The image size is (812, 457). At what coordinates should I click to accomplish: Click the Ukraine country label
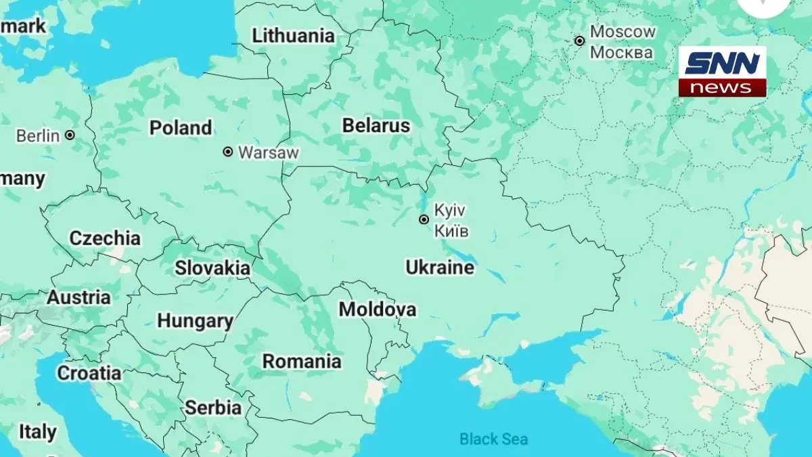pyautogui.click(x=440, y=267)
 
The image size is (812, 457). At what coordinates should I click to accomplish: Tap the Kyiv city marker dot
pyautogui.click(x=424, y=219)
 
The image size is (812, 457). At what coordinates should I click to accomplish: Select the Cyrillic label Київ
pyautogui.click(x=451, y=231)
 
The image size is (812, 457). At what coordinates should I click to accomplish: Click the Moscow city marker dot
pyautogui.click(x=579, y=41)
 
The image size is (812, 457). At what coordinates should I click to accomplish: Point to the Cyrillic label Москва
pyautogui.click(x=621, y=52)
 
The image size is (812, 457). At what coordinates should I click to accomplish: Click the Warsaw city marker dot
pyautogui.click(x=228, y=152)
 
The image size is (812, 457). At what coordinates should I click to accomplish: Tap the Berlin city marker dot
pyautogui.click(x=70, y=135)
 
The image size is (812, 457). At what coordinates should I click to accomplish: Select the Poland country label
pyautogui.click(x=181, y=127)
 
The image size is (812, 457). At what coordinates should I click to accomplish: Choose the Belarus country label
pyautogui.click(x=376, y=125)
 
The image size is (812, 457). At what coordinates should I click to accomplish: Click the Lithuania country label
pyautogui.click(x=293, y=36)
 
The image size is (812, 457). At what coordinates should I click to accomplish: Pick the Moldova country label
pyautogui.click(x=378, y=309)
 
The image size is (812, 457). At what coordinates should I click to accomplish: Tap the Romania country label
pyautogui.click(x=302, y=361)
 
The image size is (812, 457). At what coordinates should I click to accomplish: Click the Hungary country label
pyautogui.click(x=195, y=320)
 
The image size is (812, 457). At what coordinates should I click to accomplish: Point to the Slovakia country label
pyautogui.click(x=212, y=268)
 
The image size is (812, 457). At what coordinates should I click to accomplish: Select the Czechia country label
pyautogui.click(x=105, y=238)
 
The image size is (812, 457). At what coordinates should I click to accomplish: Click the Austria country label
pyautogui.click(x=78, y=297)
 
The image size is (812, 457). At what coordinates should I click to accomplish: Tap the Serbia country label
pyautogui.click(x=213, y=408)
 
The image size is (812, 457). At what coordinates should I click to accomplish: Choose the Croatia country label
pyautogui.click(x=89, y=373)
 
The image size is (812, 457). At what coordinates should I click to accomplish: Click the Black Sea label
pyautogui.click(x=493, y=439)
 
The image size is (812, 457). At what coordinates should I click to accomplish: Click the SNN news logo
pyautogui.click(x=722, y=71)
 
